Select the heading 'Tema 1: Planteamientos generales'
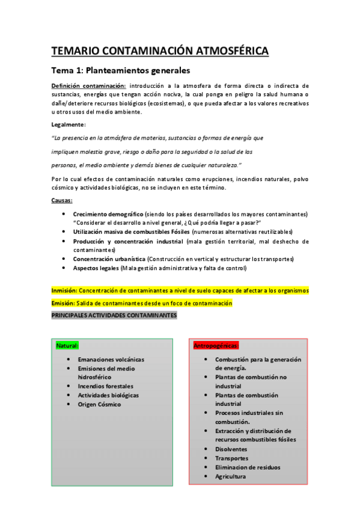coord(120,70)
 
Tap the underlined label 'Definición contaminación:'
coord(88,86)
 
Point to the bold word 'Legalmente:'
coord(69,124)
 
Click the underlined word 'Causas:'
coord(62,200)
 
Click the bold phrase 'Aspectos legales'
coord(96,268)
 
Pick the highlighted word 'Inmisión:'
coord(64,290)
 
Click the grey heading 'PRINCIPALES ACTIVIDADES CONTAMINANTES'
coord(114,316)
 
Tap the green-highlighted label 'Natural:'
coord(67,346)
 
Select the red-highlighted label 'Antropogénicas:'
coord(216,346)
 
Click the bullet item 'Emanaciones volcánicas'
coord(111,360)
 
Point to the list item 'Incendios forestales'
coord(106,386)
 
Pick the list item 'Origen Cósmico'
coord(99,404)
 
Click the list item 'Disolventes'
coord(231,449)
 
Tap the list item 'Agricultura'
coord(230,476)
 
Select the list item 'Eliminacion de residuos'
coord(248,467)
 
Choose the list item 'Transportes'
coord(231,458)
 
